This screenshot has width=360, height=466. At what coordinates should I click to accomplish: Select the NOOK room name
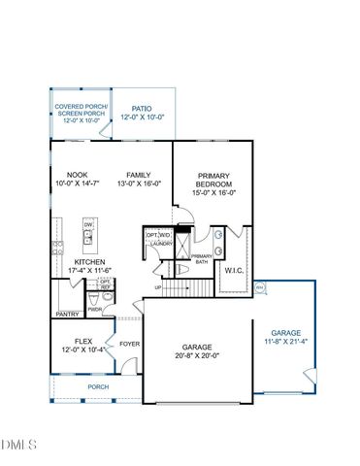[x=64, y=175]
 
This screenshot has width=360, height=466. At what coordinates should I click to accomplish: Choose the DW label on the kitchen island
[x=89, y=223]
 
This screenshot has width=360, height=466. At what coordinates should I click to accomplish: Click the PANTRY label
[x=67, y=315]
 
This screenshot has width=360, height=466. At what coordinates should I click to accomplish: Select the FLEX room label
[x=82, y=341]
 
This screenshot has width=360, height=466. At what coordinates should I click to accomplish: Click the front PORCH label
[x=97, y=386]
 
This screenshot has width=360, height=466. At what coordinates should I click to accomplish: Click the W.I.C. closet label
[x=234, y=271]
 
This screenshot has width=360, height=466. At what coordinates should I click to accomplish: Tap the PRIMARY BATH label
[x=202, y=258]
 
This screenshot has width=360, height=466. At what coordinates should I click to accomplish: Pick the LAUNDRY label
[x=159, y=245]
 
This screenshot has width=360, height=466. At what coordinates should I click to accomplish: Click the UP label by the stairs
[x=158, y=287]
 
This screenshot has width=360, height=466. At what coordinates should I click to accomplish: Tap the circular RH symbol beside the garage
[x=259, y=287]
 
